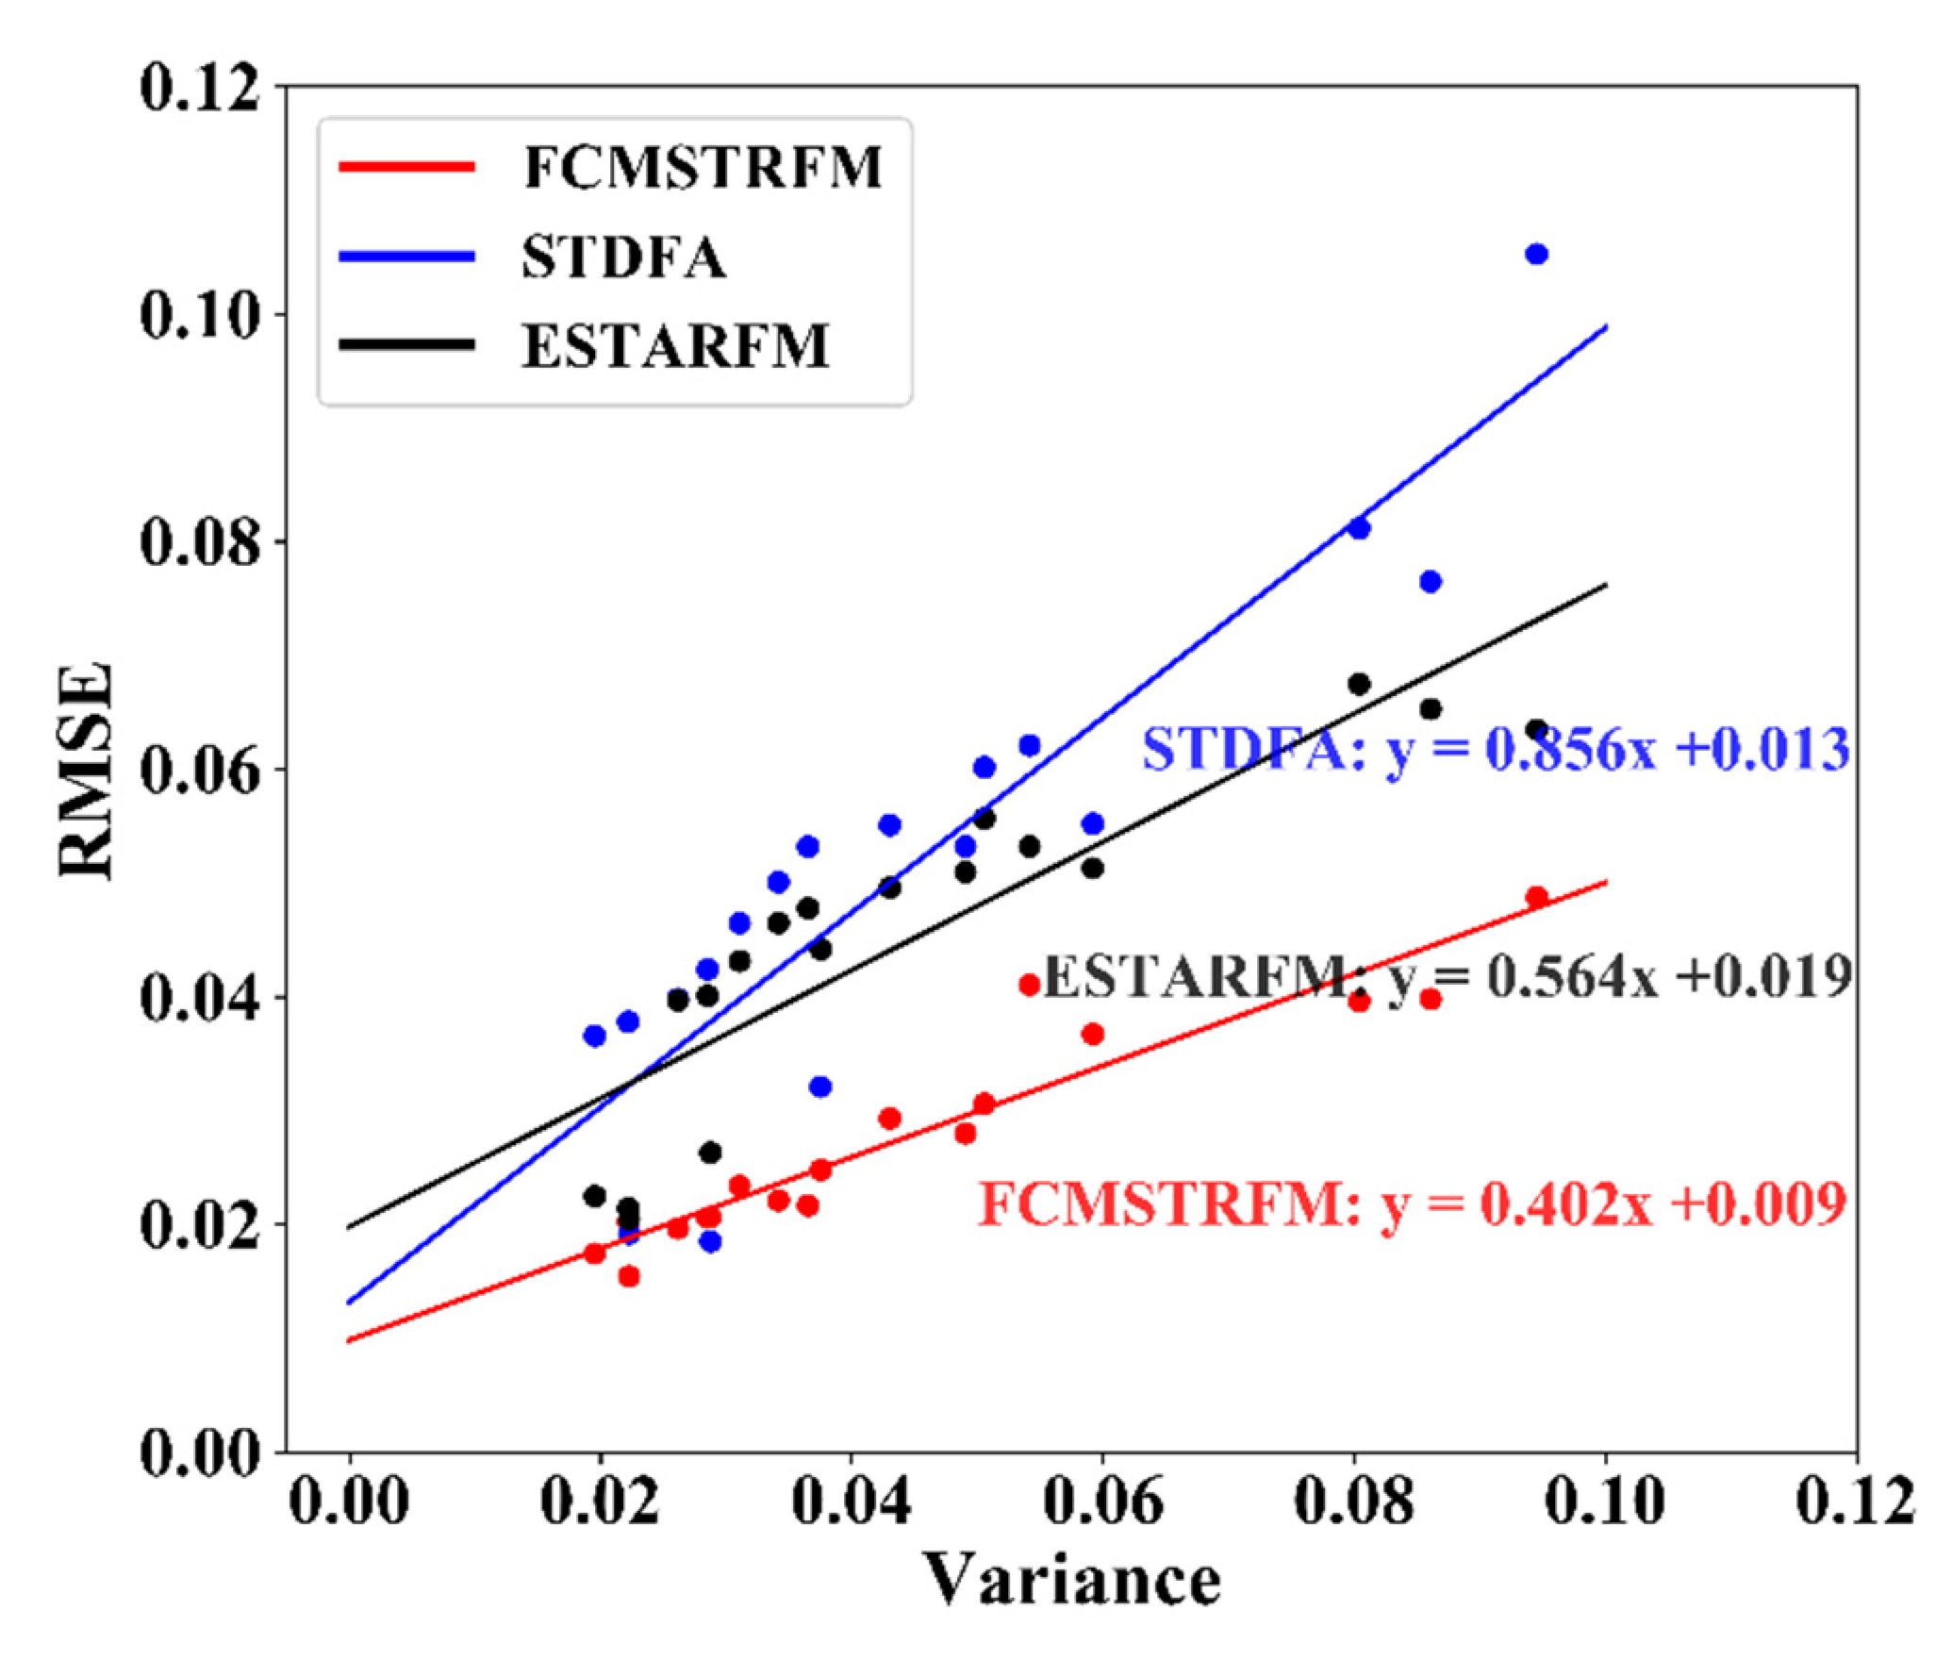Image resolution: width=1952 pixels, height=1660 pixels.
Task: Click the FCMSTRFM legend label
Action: pyautogui.click(x=703, y=169)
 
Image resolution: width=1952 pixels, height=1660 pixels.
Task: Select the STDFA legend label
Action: pyautogui.click(x=624, y=257)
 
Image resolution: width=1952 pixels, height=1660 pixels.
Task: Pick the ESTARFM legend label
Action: pyautogui.click(x=676, y=346)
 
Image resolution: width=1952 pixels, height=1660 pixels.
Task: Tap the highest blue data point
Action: pyautogui.click(x=1536, y=254)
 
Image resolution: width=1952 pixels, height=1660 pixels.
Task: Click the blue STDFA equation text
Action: pyautogui.click(x=1495, y=750)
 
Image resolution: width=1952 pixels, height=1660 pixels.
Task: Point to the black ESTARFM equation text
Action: pyautogui.click(x=1447, y=976)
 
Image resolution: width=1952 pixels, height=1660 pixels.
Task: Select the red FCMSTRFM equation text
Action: pyautogui.click(x=1412, y=1204)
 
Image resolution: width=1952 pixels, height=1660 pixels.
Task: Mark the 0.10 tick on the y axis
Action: pyautogui.click(x=199, y=314)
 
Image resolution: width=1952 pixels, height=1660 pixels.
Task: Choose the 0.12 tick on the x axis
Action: pyautogui.click(x=1855, y=1500)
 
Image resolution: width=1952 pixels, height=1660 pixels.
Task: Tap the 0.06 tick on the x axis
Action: pyautogui.click(x=1102, y=1500)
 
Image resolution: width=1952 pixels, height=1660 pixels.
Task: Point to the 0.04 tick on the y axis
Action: pyautogui.click(x=199, y=997)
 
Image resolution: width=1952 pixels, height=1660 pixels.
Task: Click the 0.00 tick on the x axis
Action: pyautogui.click(x=349, y=1500)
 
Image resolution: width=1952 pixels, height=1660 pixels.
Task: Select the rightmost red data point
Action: pyautogui.click(x=1536, y=897)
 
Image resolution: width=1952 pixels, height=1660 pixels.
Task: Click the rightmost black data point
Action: pyautogui.click(x=1536, y=730)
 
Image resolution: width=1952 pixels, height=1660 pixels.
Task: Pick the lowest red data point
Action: pyautogui.click(x=629, y=1276)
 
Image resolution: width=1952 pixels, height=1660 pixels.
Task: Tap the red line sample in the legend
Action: pyautogui.click(x=406, y=168)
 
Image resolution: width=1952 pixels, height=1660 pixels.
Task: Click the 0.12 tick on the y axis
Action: pyautogui.click(x=199, y=88)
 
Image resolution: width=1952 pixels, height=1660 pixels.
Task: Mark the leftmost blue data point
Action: pyautogui.click(x=594, y=1036)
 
